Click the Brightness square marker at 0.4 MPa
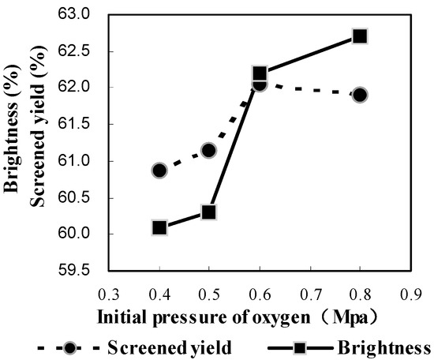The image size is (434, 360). (x=159, y=227)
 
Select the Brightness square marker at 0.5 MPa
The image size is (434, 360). (x=209, y=212)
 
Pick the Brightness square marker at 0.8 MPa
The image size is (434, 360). (x=360, y=36)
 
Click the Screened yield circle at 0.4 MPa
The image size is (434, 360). (x=159, y=171)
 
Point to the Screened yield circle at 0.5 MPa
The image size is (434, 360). (x=209, y=150)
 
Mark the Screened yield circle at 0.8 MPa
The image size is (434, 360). (x=360, y=95)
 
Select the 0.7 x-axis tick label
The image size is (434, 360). (x=310, y=294)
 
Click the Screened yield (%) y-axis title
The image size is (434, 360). (x=36, y=139)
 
